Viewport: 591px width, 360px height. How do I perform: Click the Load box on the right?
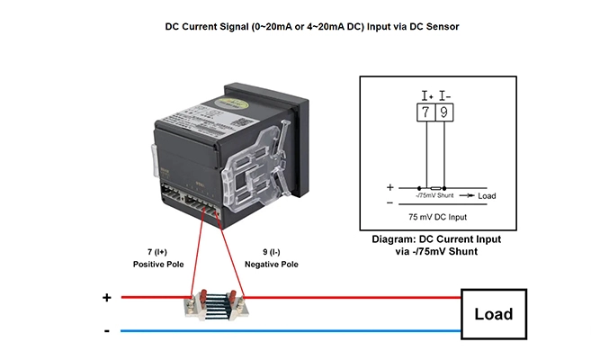click(494, 313)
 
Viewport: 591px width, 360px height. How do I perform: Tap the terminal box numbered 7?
click(425, 112)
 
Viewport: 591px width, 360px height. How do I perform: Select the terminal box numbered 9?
click(444, 112)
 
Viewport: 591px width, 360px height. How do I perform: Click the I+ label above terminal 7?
click(426, 94)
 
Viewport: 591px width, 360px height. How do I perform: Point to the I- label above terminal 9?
click(445, 94)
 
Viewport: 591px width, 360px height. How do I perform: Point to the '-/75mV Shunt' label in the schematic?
click(434, 195)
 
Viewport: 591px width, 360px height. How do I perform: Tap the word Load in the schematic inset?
click(487, 195)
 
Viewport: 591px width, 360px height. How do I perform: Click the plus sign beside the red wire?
click(107, 297)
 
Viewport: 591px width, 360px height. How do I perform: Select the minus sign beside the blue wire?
click(107, 331)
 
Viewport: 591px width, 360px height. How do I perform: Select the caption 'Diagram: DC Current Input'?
click(436, 239)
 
